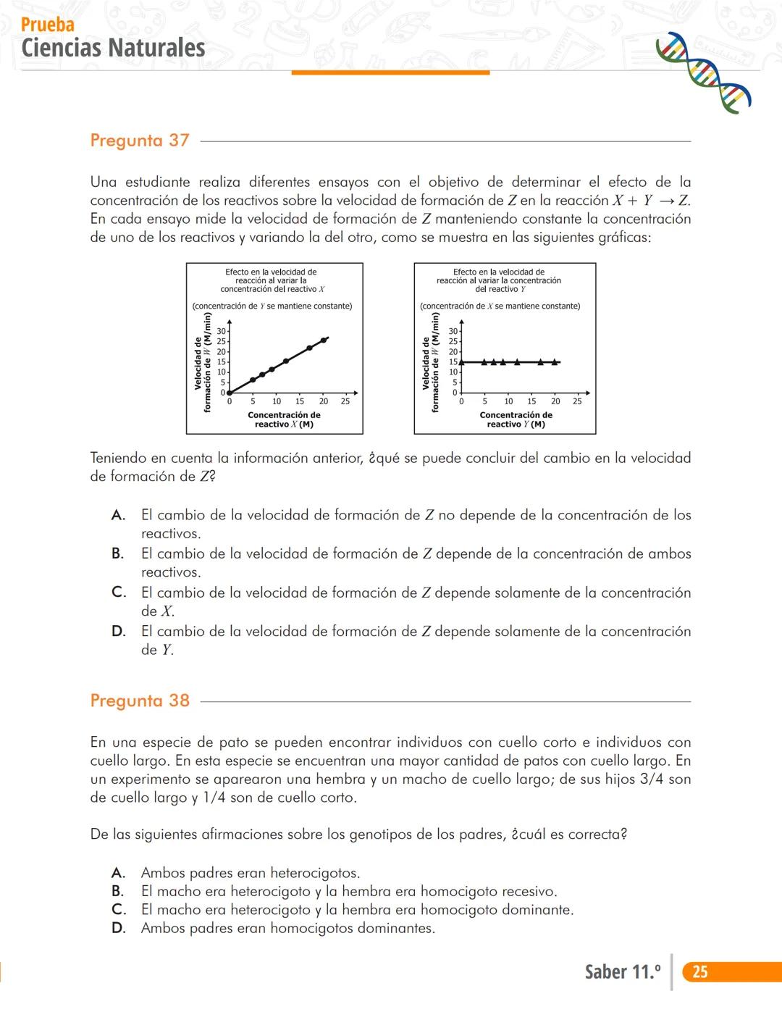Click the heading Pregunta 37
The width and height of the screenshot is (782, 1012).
140,141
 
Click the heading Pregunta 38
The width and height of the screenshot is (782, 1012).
140,701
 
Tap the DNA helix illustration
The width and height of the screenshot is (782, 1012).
702,72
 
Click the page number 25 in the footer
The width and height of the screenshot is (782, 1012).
699,971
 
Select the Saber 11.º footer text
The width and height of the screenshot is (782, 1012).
623,971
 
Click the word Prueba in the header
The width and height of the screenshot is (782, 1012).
48,25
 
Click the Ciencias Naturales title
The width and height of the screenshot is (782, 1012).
114,48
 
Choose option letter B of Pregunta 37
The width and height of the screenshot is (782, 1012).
117,553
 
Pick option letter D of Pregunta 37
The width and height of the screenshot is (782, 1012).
118,631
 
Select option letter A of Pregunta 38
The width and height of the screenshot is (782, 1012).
118,873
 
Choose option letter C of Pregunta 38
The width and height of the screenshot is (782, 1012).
118,910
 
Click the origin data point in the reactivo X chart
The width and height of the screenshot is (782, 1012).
230,393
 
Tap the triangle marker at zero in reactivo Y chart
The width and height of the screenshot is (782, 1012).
461,361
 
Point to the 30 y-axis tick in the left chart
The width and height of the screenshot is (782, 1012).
221,331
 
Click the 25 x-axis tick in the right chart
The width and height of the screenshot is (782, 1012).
577,401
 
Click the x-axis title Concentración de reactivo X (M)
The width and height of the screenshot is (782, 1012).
284,419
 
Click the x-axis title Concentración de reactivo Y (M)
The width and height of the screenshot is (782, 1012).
516,419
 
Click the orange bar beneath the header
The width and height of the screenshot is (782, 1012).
390,72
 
